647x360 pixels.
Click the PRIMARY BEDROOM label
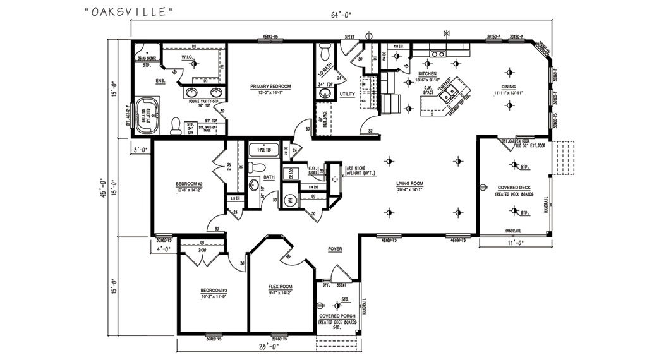pos(270,86)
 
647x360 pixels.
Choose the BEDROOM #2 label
pos(188,184)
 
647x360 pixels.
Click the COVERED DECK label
pos(514,188)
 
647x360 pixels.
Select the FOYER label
pos(334,249)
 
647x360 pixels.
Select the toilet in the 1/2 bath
pos(324,51)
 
